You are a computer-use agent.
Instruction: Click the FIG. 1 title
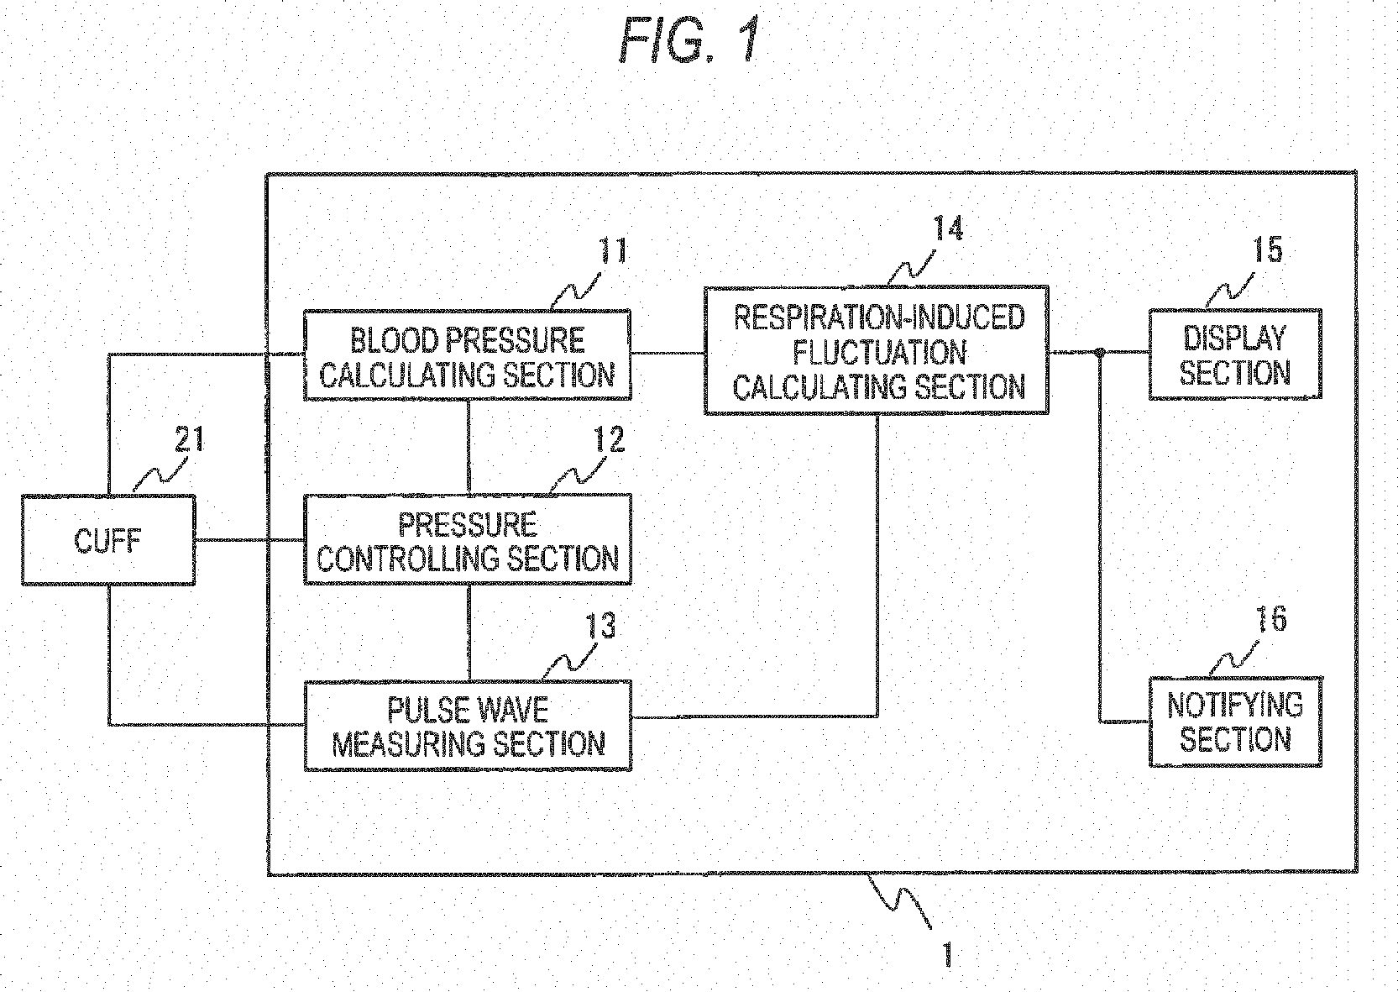click(690, 40)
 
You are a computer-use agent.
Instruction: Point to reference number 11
click(614, 251)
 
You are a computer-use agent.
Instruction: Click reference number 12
click(609, 439)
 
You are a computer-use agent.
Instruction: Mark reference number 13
click(600, 626)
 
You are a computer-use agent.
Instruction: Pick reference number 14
click(948, 228)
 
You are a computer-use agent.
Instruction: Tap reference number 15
click(1268, 249)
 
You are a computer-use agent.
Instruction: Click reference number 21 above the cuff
click(189, 439)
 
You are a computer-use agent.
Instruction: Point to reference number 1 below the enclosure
click(948, 954)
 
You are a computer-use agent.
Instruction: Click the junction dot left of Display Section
click(1100, 353)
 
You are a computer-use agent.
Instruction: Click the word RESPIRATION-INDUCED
click(879, 318)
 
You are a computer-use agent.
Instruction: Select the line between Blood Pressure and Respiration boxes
click(668, 354)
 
